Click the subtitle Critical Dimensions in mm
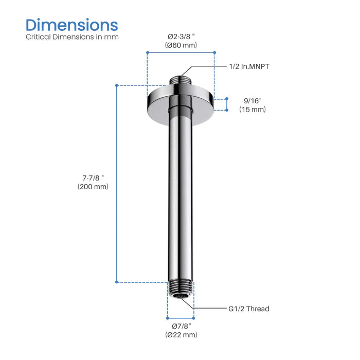[73, 37]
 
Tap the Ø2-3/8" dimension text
[181, 36]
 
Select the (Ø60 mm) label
[181, 45]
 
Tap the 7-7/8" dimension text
[89, 177]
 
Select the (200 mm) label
[89, 187]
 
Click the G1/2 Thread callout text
[249, 309]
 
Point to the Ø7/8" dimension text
[181, 326]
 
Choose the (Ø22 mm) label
[181, 335]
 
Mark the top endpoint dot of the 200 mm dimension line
[117, 85]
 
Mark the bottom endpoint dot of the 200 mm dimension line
[117, 282]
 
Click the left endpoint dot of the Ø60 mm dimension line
[147, 52]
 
